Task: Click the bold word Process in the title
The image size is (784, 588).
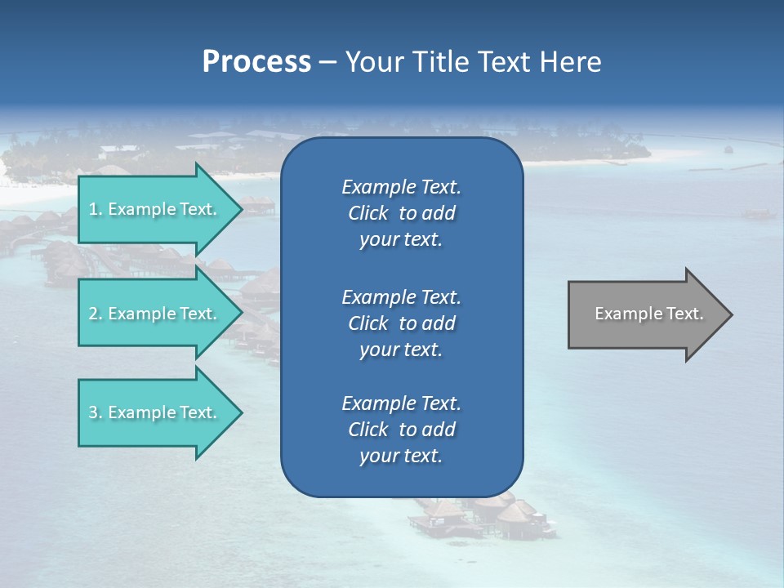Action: pos(256,62)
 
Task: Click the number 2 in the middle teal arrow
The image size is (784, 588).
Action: pos(93,314)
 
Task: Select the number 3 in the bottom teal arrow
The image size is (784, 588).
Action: pos(93,412)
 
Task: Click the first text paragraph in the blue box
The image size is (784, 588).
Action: pos(401,213)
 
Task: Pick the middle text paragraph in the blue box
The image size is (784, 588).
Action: pos(401,323)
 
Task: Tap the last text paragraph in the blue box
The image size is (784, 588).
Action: pos(401,430)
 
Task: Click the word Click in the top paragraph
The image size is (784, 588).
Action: pos(368,213)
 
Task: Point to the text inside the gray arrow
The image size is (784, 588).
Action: pos(648,314)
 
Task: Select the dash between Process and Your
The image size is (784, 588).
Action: pos(328,62)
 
